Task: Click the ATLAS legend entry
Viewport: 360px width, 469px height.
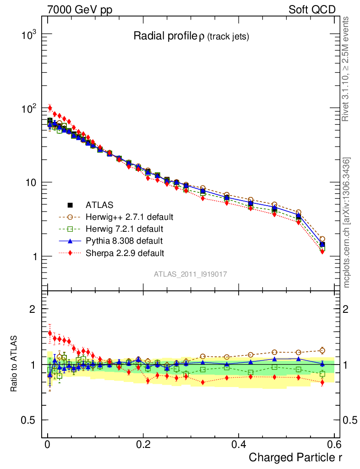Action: point(99,205)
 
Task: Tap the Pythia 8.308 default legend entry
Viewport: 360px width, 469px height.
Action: point(124,240)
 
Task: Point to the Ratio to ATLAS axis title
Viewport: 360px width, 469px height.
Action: point(14,364)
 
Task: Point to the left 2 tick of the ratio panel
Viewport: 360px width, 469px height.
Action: point(32,309)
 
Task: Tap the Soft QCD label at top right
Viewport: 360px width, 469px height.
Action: point(312,10)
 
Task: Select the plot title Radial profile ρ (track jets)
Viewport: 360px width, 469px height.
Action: point(191,37)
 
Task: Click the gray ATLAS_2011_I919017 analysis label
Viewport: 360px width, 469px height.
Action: point(191,274)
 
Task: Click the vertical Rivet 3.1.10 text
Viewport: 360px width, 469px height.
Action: point(346,69)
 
